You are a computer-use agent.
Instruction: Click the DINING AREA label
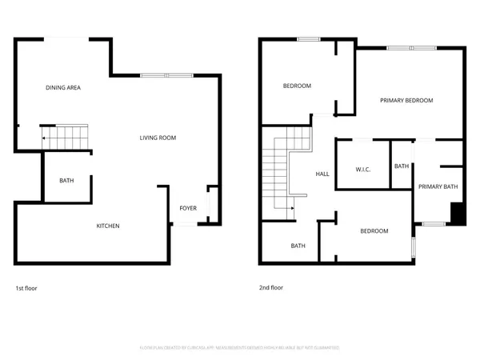pyautogui.click(x=62, y=87)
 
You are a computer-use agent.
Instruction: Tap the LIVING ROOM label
pyautogui.click(x=158, y=138)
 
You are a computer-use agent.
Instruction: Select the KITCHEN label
pyautogui.click(x=108, y=226)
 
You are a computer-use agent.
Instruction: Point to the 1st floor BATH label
pyautogui.click(x=66, y=180)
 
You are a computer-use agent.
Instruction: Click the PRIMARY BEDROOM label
pyautogui.click(x=406, y=100)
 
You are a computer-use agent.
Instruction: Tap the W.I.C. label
pyautogui.click(x=362, y=169)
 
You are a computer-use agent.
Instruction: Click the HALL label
pyautogui.click(x=322, y=174)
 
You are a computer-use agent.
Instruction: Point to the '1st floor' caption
pyautogui.click(x=26, y=287)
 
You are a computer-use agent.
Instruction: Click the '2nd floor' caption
pyautogui.click(x=270, y=287)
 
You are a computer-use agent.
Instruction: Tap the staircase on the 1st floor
pyautogui.click(x=69, y=137)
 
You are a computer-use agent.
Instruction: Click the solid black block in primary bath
pyautogui.click(x=457, y=214)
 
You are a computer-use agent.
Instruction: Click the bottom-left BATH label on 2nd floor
pyautogui.click(x=298, y=246)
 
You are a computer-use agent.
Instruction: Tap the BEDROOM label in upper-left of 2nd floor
pyautogui.click(x=297, y=86)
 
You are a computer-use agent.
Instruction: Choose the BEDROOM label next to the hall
pyautogui.click(x=374, y=231)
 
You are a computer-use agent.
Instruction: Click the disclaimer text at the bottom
pyautogui.click(x=240, y=348)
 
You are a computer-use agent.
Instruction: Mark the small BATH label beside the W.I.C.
pyautogui.click(x=401, y=166)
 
